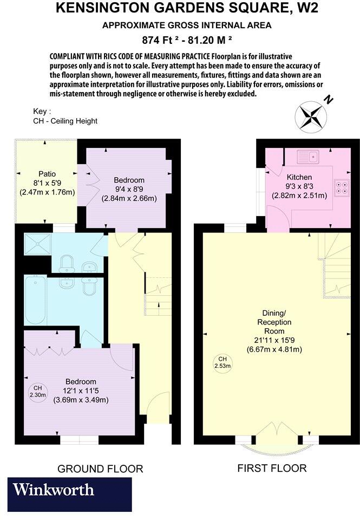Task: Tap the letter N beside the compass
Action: click(328, 100)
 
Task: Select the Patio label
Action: click(47, 174)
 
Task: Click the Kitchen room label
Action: click(299, 177)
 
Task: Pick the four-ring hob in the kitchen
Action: click(342, 187)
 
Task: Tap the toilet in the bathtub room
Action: click(89, 284)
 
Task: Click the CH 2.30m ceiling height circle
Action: click(38, 392)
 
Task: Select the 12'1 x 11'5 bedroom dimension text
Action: click(81, 391)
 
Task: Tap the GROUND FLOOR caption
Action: click(100, 469)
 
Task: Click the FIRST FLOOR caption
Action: click(272, 468)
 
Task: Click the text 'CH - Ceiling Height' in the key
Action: click(65, 121)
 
